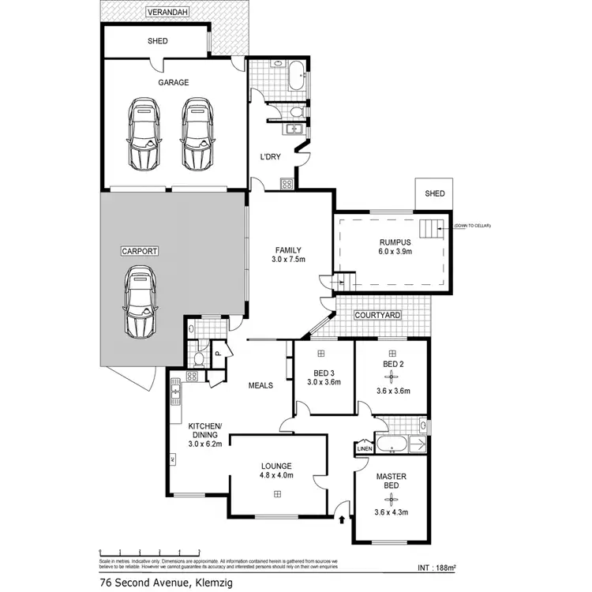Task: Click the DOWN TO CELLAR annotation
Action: [x=472, y=227]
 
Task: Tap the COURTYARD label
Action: [x=377, y=315]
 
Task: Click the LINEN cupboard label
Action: [x=364, y=449]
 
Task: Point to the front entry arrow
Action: [x=340, y=519]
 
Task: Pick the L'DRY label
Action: [x=272, y=156]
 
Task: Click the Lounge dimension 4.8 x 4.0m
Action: [x=276, y=475]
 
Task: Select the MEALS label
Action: [x=260, y=385]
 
